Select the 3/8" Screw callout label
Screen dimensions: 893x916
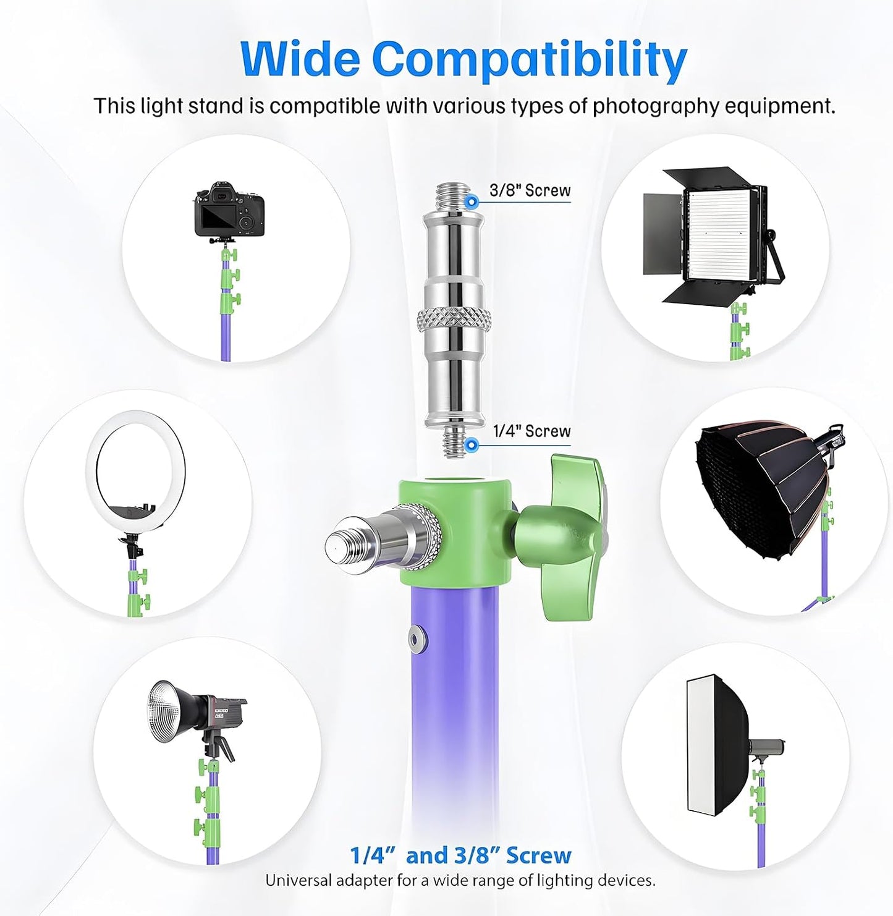pyautogui.click(x=530, y=190)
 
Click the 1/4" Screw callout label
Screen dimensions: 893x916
pyautogui.click(x=531, y=431)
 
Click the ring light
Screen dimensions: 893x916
pyautogui.click(x=135, y=475)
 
